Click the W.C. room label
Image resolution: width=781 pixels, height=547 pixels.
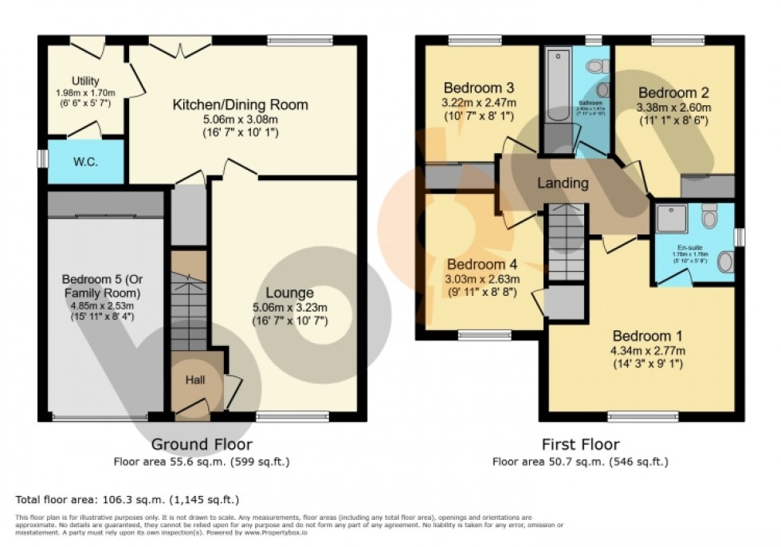click(x=86, y=161)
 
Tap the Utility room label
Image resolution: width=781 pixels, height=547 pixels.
click(x=84, y=81)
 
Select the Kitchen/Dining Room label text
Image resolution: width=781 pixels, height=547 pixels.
click(x=241, y=105)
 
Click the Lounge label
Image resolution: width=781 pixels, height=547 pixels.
click(x=289, y=293)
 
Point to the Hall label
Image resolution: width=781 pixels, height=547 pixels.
click(x=195, y=380)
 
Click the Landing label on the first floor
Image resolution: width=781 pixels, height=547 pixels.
click(x=563, y=183)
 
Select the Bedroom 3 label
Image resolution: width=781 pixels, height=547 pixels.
click(x=478, y=88)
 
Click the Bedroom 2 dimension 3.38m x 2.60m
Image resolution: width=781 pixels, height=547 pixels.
click(x=673, y=108)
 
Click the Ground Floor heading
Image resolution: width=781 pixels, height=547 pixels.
click(x=202, y=444)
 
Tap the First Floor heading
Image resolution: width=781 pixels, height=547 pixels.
click(x=579, y=444)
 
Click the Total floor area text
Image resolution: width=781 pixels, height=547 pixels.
click(x=128, y=500)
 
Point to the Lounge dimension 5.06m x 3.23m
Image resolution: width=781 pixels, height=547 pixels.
click(x=289, y=307)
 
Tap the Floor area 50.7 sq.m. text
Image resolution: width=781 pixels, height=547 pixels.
click(x=579, y=461)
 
